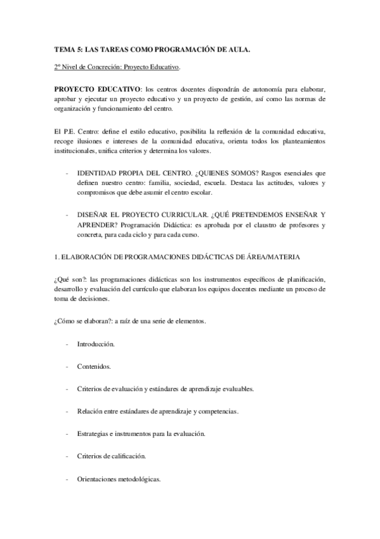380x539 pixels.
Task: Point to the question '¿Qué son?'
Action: click(x=67, y=279)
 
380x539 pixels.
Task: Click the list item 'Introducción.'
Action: click(x=96, y=344)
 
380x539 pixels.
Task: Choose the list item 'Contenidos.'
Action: click(x=94, y=366)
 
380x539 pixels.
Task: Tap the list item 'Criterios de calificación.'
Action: click(x=112, y=456)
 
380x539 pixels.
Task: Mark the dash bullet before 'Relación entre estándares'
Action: click(x=67, y=411)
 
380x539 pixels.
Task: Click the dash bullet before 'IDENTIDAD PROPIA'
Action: click(x=67, y=173)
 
